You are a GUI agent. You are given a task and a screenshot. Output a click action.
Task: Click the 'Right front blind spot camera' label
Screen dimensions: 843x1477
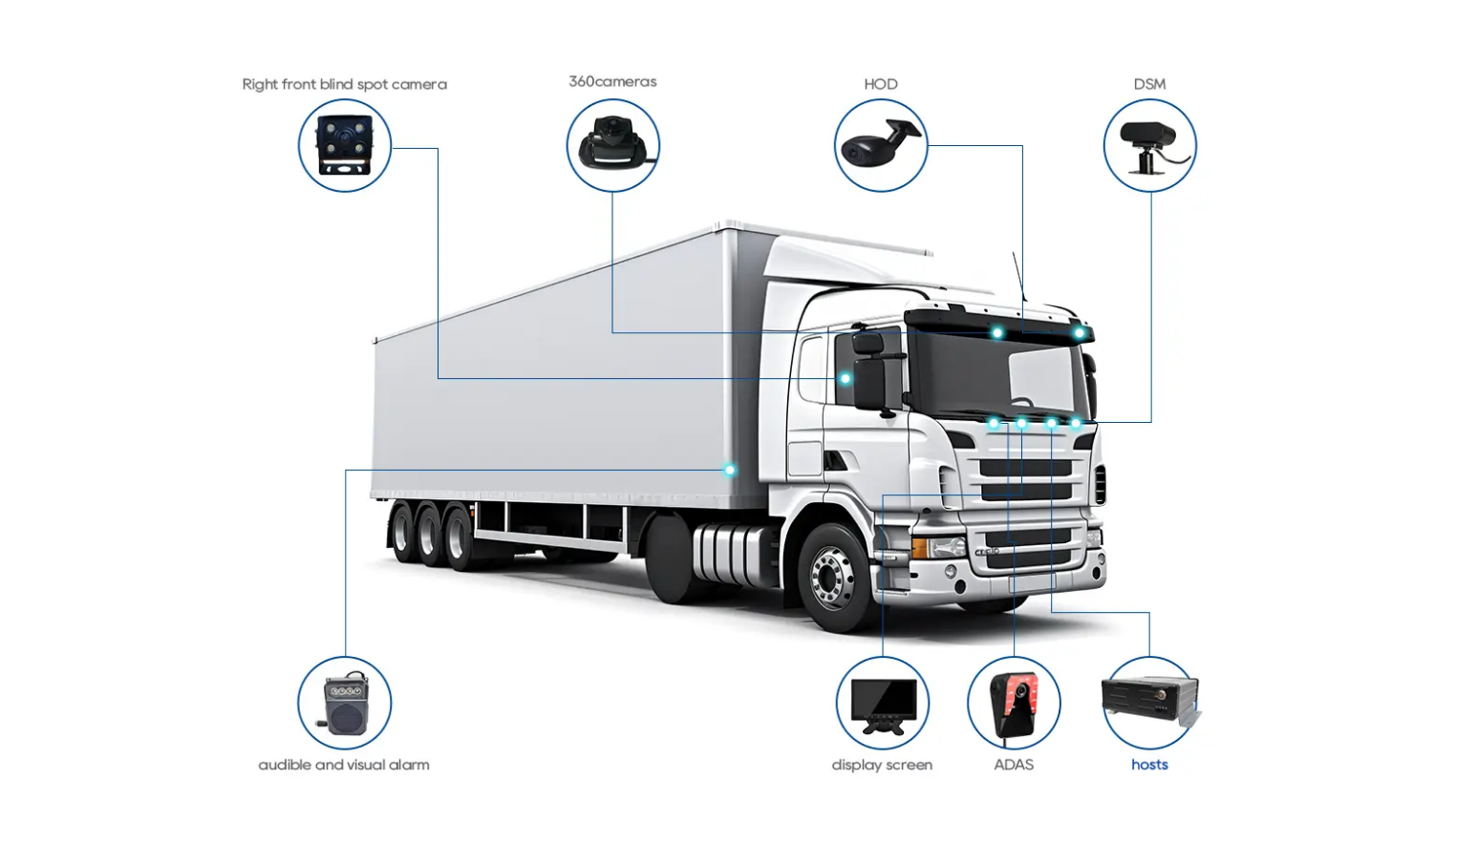(344, 84)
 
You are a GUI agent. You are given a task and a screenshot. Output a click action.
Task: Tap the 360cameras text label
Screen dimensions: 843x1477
(612, 81)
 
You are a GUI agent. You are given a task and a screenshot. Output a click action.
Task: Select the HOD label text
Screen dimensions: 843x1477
(880, 84)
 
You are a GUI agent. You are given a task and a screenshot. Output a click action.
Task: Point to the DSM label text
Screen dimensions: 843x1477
(1149, 84)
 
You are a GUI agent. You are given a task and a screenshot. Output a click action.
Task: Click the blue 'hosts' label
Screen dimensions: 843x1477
(1149, 765)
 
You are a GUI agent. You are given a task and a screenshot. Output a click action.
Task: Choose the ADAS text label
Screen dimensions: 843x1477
(1014, 765)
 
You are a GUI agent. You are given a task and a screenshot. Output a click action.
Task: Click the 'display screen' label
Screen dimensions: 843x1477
(882, 765)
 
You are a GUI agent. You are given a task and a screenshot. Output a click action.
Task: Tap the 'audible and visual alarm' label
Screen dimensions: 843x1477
(344, 765)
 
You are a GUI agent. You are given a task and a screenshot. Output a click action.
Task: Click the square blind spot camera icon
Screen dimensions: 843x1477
(344, 145)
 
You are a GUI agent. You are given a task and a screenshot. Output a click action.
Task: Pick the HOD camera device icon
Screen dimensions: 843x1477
(880, 145)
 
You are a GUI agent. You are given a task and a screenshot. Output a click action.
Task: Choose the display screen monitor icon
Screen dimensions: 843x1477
(883, 704)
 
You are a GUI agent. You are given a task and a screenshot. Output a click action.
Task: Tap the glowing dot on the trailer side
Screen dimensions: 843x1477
(730, 470)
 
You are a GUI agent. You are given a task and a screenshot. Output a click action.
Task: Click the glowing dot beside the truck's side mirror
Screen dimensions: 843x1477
(845, 379)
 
